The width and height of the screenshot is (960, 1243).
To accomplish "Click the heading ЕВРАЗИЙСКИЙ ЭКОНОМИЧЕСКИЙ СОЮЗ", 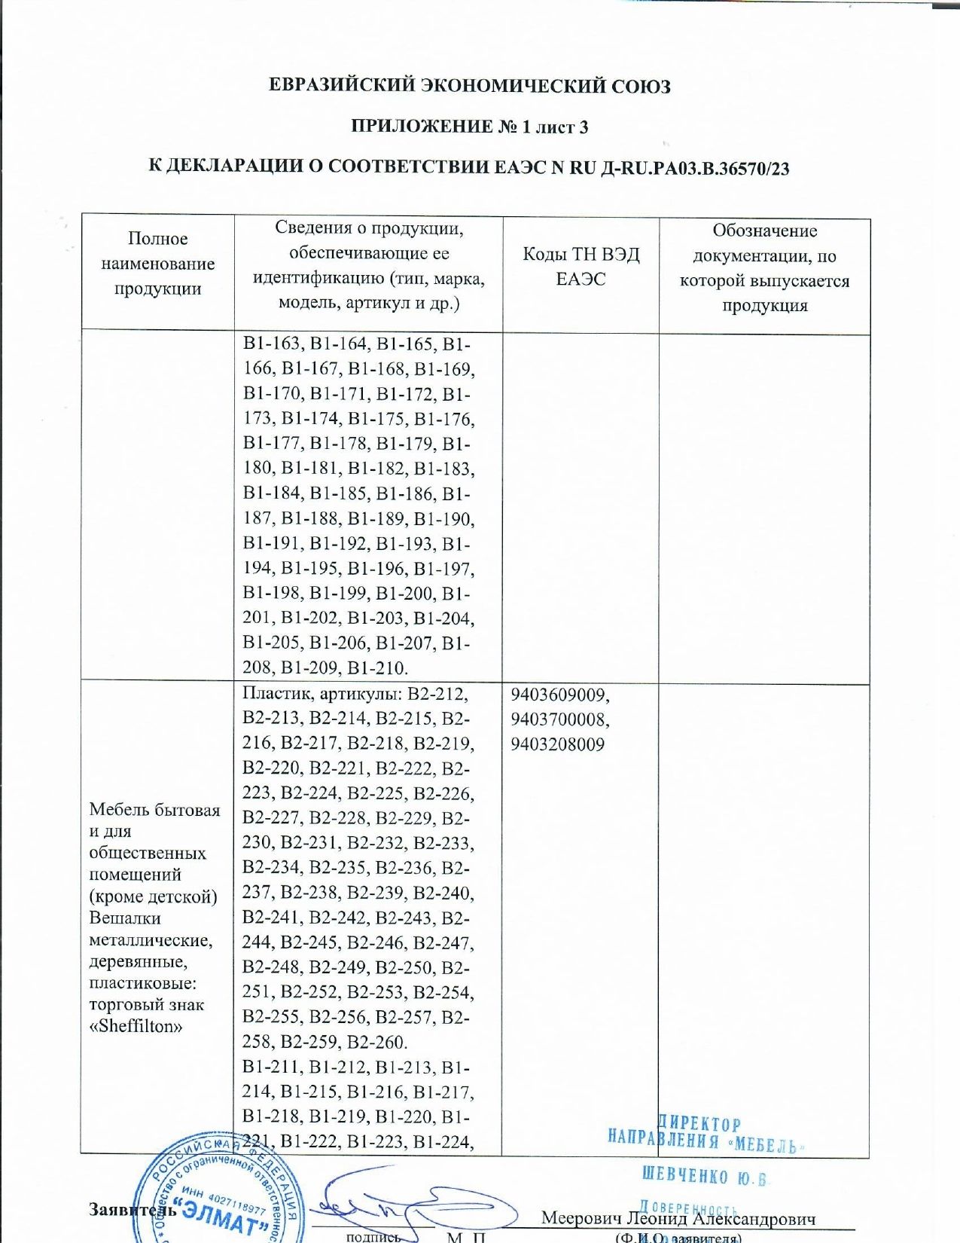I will [x=470, y=86].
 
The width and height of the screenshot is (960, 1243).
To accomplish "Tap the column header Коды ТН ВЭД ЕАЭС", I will [x=581, y=267].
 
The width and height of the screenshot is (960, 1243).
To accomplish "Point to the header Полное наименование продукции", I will [x=157, y=264].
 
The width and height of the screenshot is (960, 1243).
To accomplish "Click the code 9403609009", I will [x=560, y=694].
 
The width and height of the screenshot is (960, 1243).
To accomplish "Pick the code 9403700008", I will [x=560, y=719].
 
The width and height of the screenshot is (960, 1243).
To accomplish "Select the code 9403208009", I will [x=558, y=744].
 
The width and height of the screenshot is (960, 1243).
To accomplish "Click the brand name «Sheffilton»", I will [x=136, y=1026].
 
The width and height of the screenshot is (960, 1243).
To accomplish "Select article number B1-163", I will [x=272, y=344].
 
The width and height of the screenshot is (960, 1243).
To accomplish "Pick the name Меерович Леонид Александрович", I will [x=678, y=1218].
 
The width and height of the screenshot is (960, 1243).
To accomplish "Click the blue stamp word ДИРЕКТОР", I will [x=699, y=1125].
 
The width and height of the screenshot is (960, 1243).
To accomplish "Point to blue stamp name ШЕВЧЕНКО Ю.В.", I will [x=703, y=1177].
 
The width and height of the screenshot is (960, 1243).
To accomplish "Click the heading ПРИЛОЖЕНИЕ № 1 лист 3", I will [x=470, y=127].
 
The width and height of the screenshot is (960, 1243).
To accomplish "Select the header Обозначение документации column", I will [x=764, y=268].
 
